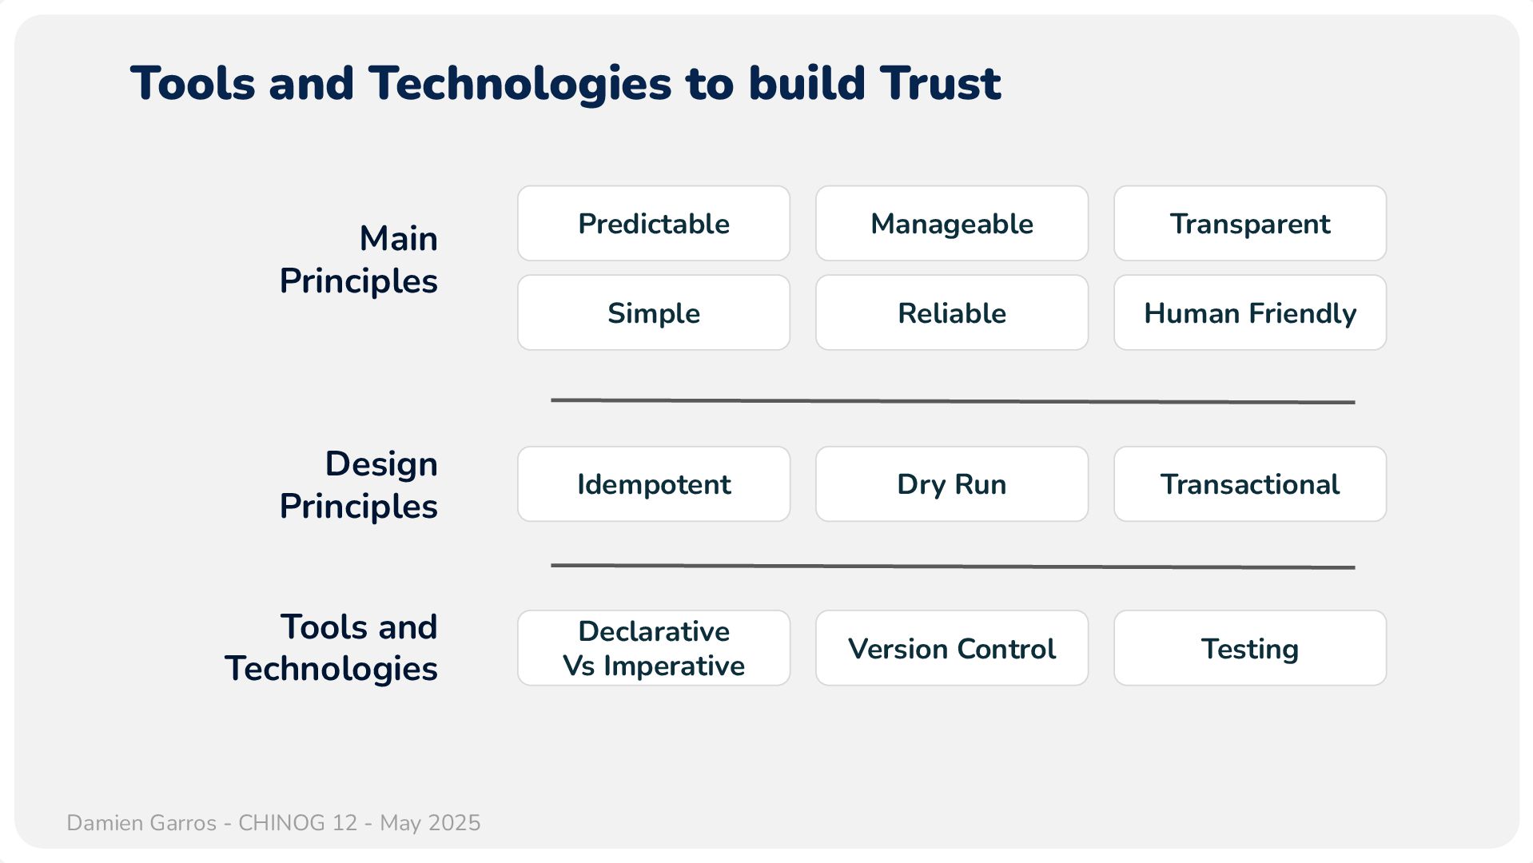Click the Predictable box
click(654, 224)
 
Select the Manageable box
click(952, 224)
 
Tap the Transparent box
click(1250, 224)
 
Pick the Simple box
click(654, 312)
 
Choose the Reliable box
click(952, 312)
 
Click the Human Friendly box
click(1250, 312)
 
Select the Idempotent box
click(654, 484)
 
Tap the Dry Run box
click(952, 484)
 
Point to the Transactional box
click(1250, 484)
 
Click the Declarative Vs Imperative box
click(654, 648)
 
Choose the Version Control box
click(952, 648)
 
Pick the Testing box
click(1250, 648)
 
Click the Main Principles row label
click(359, 260)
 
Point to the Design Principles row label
click(359, 485)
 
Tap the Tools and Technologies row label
click(332, 648)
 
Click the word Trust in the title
click(941, 83)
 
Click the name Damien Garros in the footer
click(141, 823)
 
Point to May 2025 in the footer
click(430, 823)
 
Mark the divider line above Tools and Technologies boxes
click(953, 567)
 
